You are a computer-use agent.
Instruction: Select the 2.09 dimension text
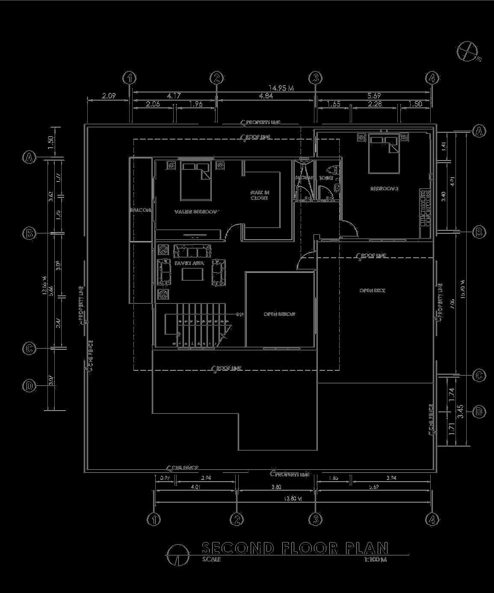pyautogui.click(x=109, y=96)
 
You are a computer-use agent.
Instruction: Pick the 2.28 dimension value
pyautogui.click(x=375, y=104)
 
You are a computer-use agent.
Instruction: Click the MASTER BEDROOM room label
pyautogui.click(x=197, y=212)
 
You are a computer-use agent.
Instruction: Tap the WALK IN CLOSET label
pyautogui.click(x=260, y=195)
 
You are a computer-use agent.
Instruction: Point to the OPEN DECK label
pyautogui.click(x=372, y=291)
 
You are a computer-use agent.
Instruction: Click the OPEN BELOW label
pyautogui.click(x=279, y=314)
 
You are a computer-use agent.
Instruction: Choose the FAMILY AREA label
pyautogui.click(x=189, y=263)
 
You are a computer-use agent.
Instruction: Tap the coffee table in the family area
pyautogui.click(x=192, y=274)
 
